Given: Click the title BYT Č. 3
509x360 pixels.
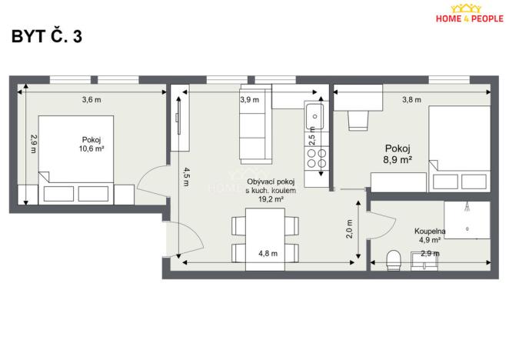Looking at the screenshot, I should click(x=46, y=38).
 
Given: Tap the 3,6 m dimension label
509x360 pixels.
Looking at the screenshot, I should click(x=91, y=99).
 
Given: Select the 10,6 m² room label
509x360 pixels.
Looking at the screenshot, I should click(x=91, y=145).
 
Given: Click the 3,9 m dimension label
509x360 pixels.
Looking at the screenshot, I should click(x=249, y=99).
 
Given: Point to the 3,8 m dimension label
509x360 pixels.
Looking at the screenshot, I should click(x=413, y=99).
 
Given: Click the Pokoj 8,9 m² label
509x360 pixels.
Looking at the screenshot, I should click(x=398, y=155).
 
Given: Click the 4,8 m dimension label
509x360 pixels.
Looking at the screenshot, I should click(x=267, y=253).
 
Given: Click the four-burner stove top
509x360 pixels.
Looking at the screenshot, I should click(x=316, y=158).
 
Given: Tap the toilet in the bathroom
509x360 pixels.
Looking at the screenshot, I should click(x=394, y=258).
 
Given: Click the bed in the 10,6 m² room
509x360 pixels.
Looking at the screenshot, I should click(x=76, y=158).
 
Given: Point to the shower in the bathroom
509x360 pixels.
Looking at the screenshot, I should click(x=467, y=219).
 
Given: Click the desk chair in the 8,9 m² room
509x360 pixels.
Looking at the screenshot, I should click(x=358, y=121).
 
